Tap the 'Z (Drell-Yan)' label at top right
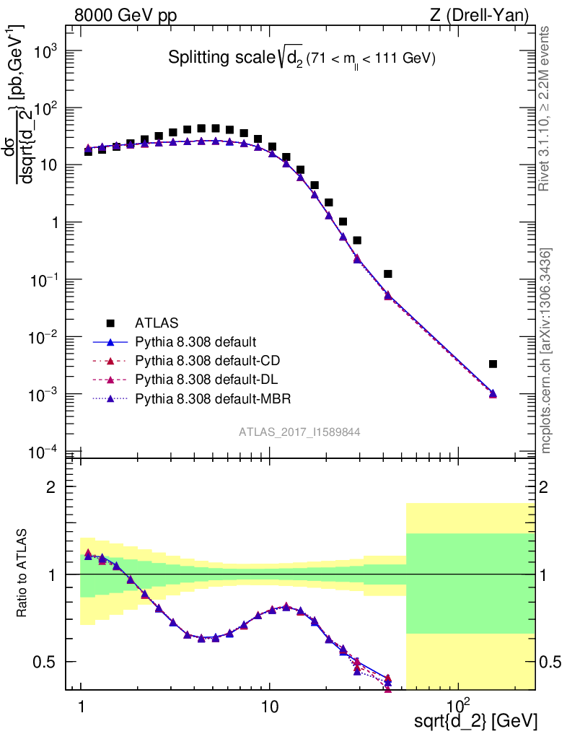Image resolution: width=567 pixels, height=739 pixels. [485, 15]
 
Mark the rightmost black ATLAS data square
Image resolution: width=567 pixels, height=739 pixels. [493, 364]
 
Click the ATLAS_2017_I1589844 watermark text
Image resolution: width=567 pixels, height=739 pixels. [299, 432]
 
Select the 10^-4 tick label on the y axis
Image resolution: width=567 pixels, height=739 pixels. [45, 452]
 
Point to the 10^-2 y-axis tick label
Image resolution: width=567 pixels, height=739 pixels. [45, 338]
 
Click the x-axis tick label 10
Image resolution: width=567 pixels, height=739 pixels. [269, 703]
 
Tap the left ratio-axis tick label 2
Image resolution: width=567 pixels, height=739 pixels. [50, 487]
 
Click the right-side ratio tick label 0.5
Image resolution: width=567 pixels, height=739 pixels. [550, 662]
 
